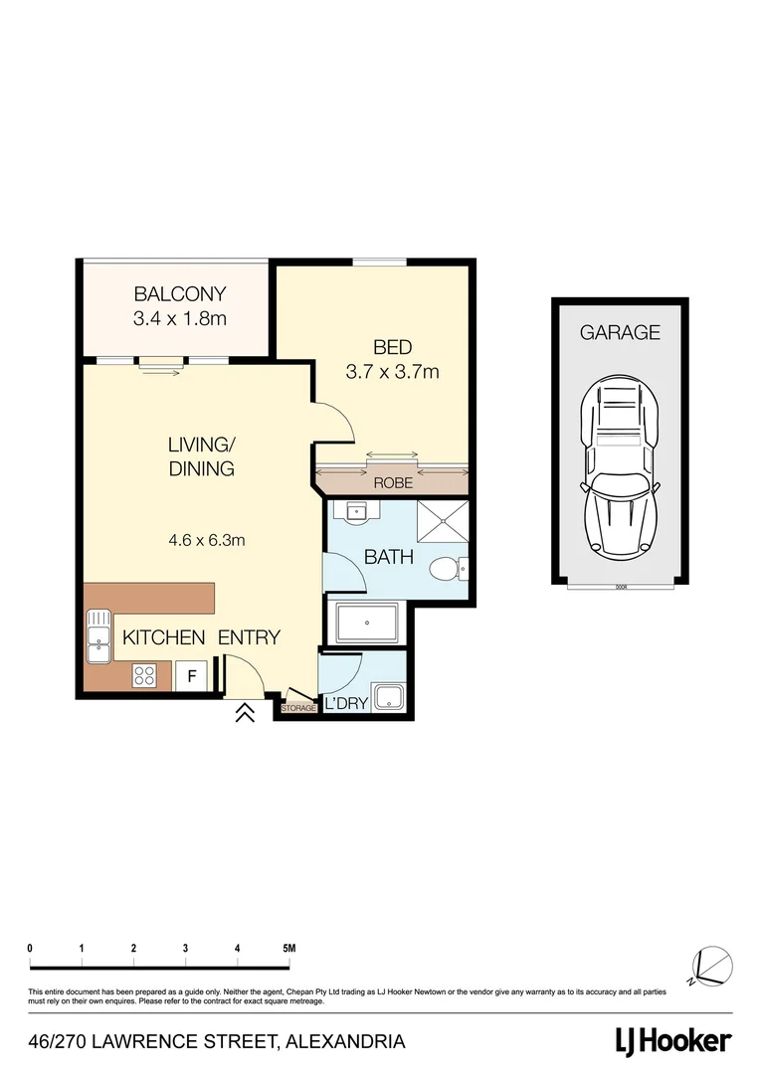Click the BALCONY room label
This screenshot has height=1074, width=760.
tap(180, 294)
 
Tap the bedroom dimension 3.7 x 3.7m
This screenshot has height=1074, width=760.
tap(393, 373)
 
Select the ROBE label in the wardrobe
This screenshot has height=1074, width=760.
tap(392, 483)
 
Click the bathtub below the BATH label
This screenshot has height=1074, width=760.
tap(368, 623)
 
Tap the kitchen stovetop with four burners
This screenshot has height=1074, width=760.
tap(144, 676)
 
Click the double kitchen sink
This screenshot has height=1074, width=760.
tap(98, 636)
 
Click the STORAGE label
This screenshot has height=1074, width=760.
tap(297, 708)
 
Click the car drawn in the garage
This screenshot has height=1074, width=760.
tap(621, 467)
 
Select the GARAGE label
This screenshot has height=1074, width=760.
tap(620, 333)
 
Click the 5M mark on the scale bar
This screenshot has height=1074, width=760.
tap(289, 949)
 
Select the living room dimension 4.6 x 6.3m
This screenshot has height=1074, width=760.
tap(207, 541)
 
